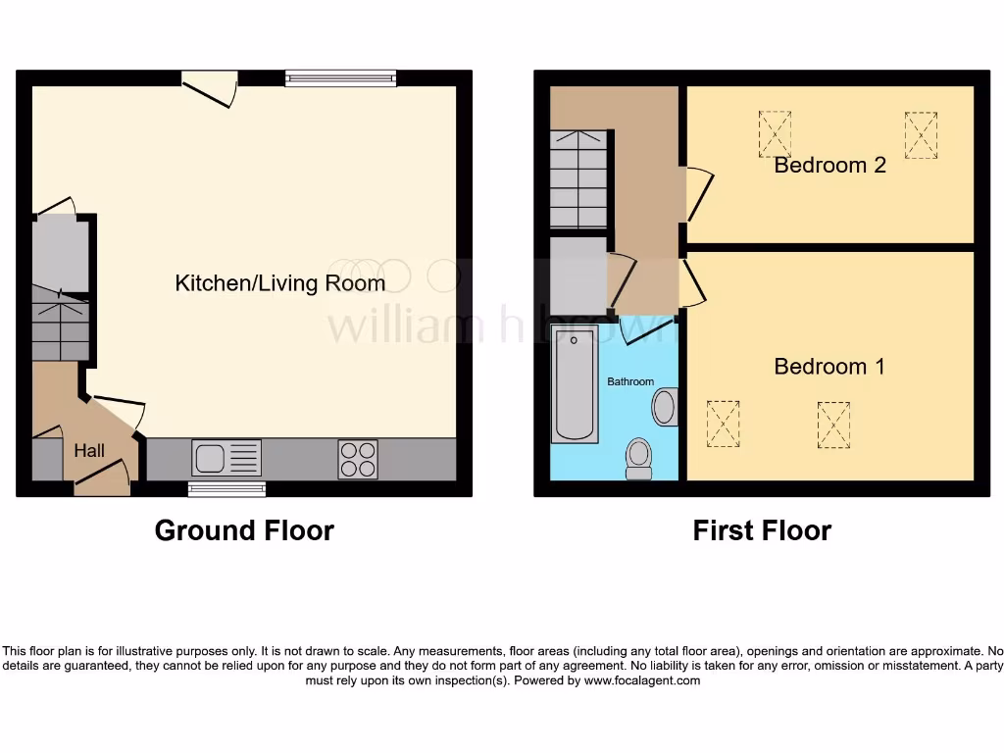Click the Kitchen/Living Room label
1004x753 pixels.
[279, 283]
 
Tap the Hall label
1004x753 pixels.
[89, 451]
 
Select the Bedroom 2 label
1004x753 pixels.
[829, 165]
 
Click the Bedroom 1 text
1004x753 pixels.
[829, 367]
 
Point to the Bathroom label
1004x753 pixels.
[629, 381]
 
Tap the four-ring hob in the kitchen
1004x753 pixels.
[358, 459]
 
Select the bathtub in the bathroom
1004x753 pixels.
[575, 385]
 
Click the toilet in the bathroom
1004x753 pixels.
[639, 458]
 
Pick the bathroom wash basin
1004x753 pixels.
[665, 407]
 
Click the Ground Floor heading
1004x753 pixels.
[244, 530]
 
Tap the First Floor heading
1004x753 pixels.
[762, 530]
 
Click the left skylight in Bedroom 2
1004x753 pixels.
[775, 133]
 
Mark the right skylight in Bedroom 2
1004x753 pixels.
[921, 134]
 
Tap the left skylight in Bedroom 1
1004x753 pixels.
[724, 424]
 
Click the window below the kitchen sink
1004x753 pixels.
[226, 488]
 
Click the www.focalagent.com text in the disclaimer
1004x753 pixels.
[641, 680]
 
